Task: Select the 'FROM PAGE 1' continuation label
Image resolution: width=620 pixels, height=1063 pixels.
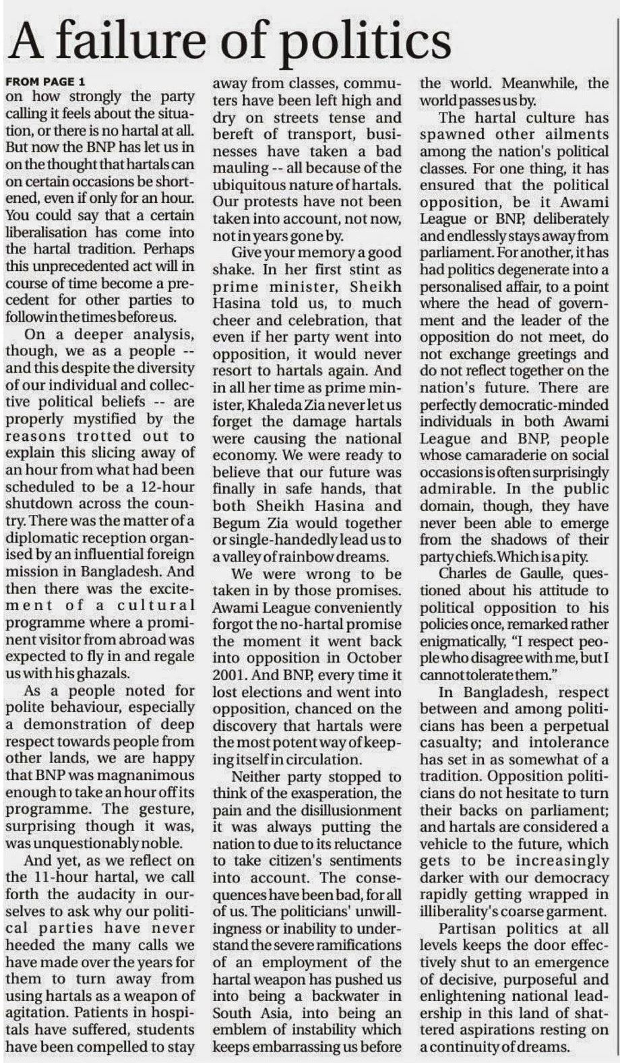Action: [x=45, y=82]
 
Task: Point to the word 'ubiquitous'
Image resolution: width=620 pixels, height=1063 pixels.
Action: [x=258, y=185]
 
